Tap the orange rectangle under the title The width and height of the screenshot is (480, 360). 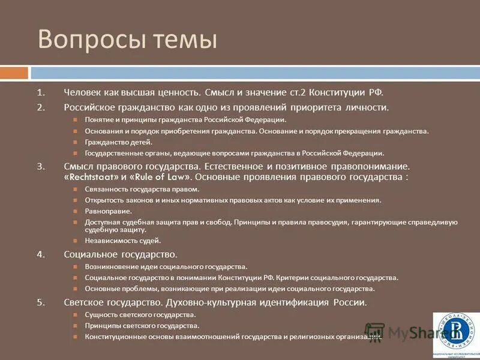[x=14, y=73]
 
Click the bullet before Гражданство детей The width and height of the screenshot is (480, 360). [x=76, y=142]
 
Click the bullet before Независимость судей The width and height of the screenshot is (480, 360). [x=76, y=241]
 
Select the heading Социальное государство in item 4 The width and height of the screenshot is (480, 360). [x=120, y=254]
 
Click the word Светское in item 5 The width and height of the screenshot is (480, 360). [x=88, y=302]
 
